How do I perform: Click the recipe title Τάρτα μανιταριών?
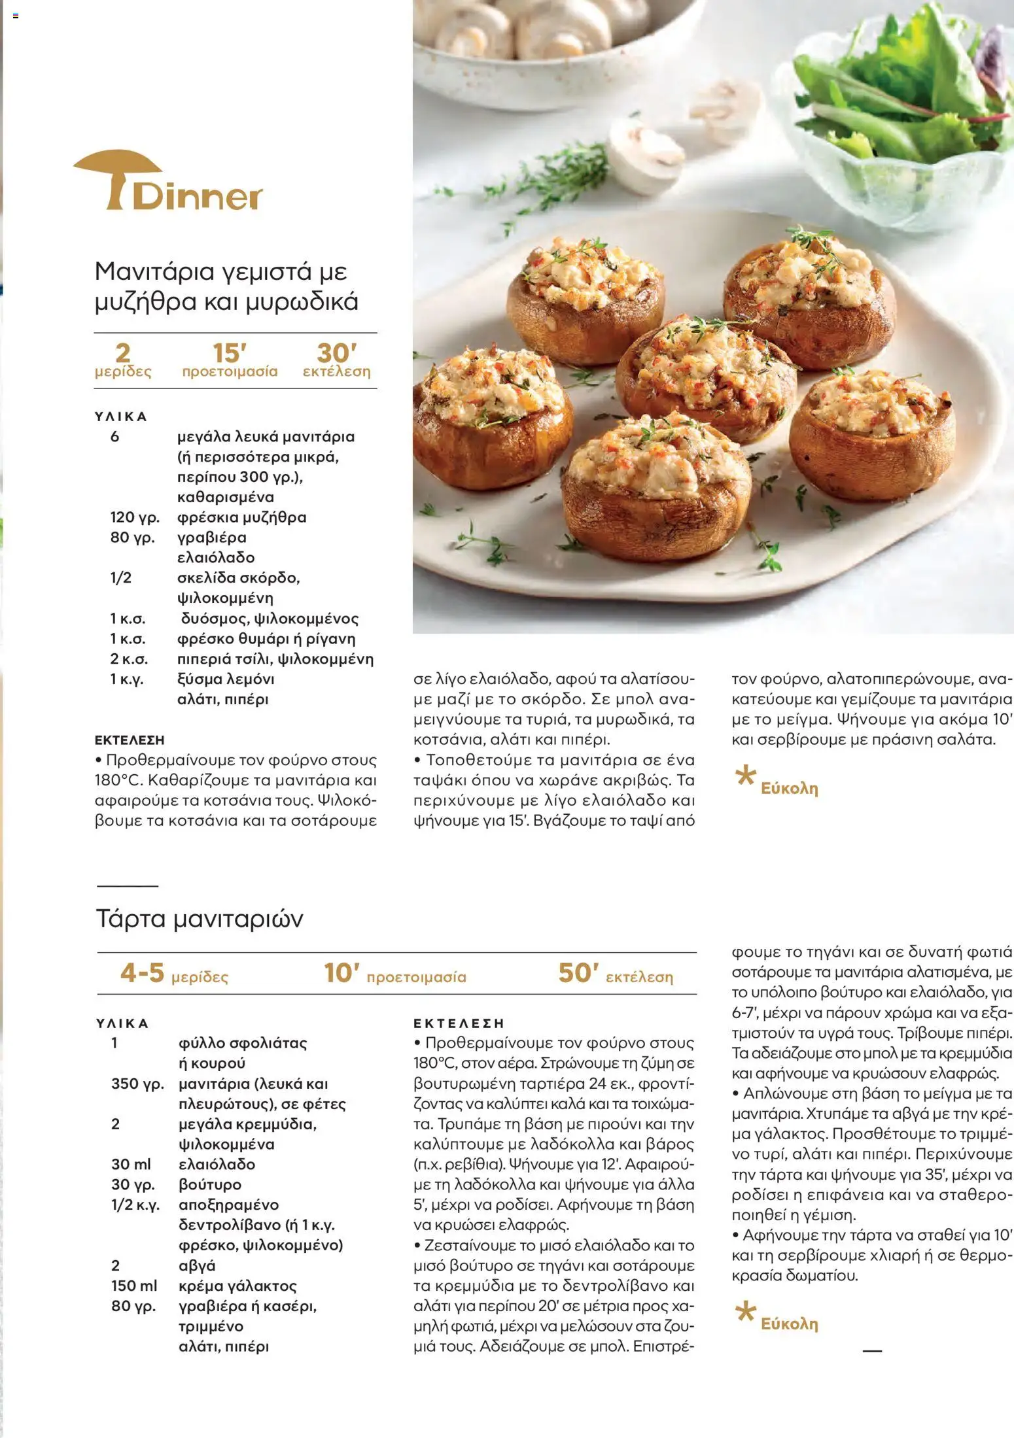(x=200, y=919)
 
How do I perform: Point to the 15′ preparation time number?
(x=229, y=354)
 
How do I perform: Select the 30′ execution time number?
(x=336, y=354)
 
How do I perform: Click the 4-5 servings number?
(x=142, y=973)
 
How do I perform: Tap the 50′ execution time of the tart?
(x=578, y=973)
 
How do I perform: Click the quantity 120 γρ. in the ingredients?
(x=135, y=517)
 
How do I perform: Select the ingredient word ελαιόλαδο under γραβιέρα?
(x=216, y=558)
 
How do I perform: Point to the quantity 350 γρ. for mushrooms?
(x=137, y=1084)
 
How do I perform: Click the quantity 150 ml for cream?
(x=134, y=1286)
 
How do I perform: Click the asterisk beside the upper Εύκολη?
(x=744, y=776)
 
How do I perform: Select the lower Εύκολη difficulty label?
(x=789, y=1324)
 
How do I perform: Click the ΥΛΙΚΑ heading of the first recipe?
(x=121, y=417)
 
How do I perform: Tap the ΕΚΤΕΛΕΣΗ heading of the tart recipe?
(x=459, y=1023)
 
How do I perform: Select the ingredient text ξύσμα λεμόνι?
(x=226, y=679)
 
